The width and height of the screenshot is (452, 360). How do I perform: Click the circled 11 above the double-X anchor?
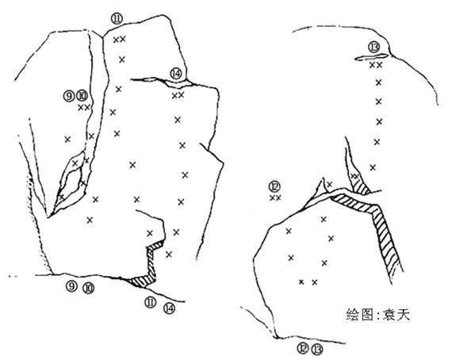[x=117, y=19]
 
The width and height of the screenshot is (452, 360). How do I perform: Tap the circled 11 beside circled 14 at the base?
[x=150, y=302]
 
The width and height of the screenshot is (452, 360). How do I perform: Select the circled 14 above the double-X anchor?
[x=176, y=74]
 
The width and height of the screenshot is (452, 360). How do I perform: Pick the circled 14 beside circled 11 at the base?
[x=169, y=308]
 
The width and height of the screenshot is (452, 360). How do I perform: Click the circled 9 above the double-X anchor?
[x=69, y=96]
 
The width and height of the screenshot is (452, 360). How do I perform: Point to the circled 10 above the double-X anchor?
[x=82, y=96]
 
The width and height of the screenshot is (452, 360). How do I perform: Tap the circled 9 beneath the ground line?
[x=71, y=286]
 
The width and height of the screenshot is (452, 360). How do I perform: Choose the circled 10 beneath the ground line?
[x=88, y=287]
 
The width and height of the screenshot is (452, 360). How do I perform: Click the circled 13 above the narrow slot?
[x=374, y=48]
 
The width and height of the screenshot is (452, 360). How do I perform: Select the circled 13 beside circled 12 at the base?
[x=317, y=350]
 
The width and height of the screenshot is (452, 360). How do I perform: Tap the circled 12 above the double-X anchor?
[x=274, y=187]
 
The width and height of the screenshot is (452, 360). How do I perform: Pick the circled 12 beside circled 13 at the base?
[x=303, y=349]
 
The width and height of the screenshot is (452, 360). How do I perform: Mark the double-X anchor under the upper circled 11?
[x=119, y=39]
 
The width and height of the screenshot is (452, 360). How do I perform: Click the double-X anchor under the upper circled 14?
[x=178, y=95]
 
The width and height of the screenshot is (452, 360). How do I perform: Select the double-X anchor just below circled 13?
[x=376, y=65]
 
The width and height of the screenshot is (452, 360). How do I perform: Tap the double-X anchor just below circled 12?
[x=275, y=197]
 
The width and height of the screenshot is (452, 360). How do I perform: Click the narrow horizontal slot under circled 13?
[x=372, y=57]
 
